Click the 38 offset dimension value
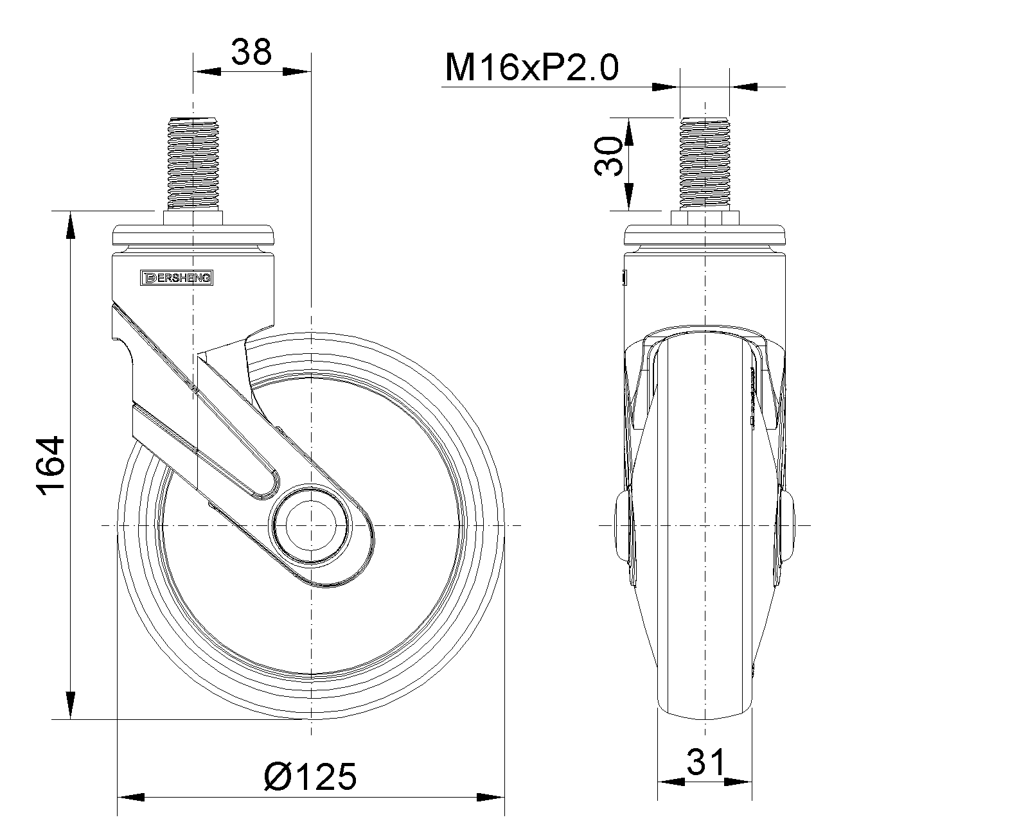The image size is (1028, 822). [251, 52]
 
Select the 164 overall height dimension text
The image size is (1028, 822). [51, 465]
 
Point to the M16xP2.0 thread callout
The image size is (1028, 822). [531, 67]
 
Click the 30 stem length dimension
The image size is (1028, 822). [608, 156]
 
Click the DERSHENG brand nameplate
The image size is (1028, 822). [177, 278]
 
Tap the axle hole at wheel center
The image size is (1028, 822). [311, 525]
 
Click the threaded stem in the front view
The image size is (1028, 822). [705, 164]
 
